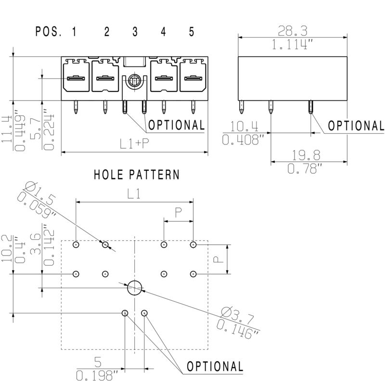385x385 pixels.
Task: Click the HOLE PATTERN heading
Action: [136, 174]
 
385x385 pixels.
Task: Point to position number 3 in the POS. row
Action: [135, 32]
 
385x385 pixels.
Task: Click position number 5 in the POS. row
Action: [192, 32]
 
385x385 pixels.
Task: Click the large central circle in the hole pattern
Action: [135, 288]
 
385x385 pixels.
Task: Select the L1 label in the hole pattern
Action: [134, 193]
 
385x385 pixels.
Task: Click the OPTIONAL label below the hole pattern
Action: [215, 366]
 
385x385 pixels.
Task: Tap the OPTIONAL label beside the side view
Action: [356, 126]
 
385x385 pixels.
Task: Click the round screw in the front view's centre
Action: [135, 80]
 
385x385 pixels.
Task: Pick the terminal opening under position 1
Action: [76, 78]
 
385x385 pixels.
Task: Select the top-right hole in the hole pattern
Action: [193, 244]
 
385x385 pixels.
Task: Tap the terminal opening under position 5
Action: [193, 78]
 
